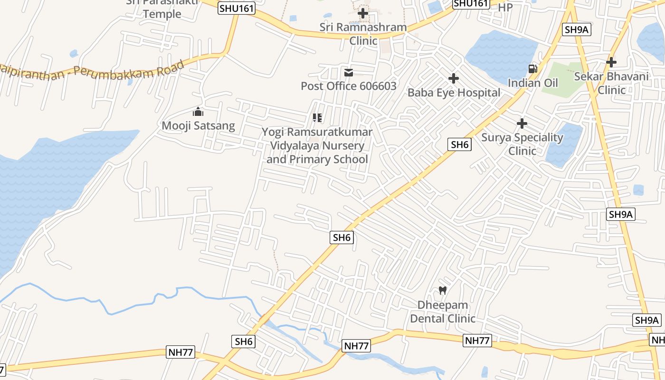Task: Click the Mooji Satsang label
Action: coord(199,126)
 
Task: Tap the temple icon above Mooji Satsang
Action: coord(198,112)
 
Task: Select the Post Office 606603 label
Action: coord(349,86)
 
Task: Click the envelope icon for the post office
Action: coord(349,73)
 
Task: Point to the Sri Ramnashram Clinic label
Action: coord(363,34)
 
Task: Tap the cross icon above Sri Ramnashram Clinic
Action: coord(363,13)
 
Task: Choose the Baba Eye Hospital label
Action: coord(454,93)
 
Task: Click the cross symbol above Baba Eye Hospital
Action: coord(454,78)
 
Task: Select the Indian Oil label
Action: coord(532,83)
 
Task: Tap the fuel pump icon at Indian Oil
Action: coord(533,69)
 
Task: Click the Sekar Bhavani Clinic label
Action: coord(611,83)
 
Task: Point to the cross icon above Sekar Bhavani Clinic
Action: coord(611,62)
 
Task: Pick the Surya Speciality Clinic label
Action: coord(522,144)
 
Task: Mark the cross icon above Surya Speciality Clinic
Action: coord(522,123)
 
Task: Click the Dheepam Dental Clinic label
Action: coord(443,312)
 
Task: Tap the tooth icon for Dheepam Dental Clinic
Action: coord(443,290)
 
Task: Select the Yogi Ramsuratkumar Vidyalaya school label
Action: coord(317,145)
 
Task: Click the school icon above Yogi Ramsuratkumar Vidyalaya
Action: coord(317,117)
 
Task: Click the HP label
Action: coord(505,8)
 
